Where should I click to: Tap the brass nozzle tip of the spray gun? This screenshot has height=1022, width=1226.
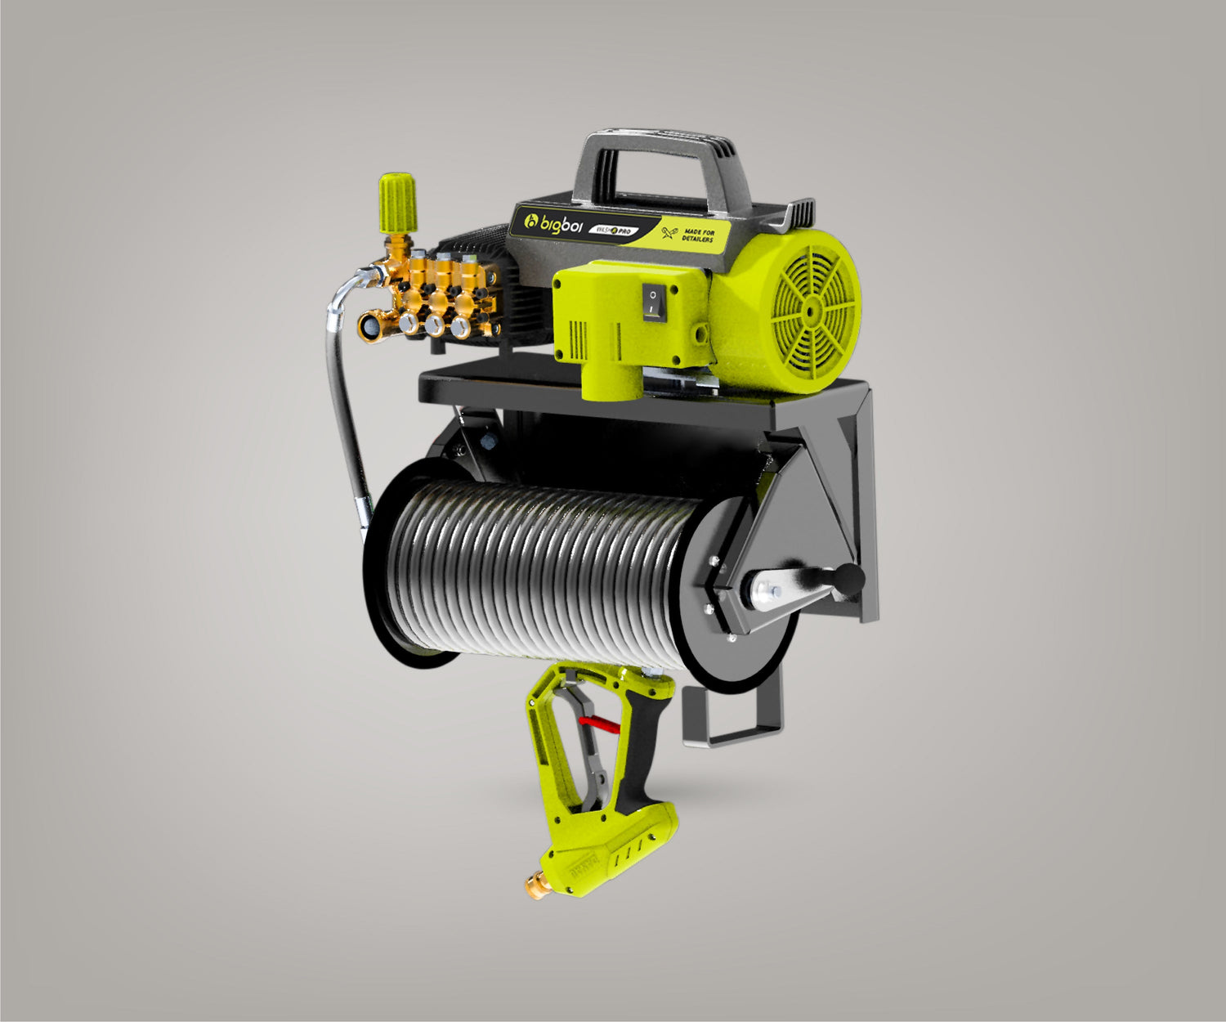(x=535, y=884)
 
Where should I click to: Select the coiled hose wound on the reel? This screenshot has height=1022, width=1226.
(x=539, y=564)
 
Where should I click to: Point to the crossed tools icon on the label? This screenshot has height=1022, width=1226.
(x=668, y=233)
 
